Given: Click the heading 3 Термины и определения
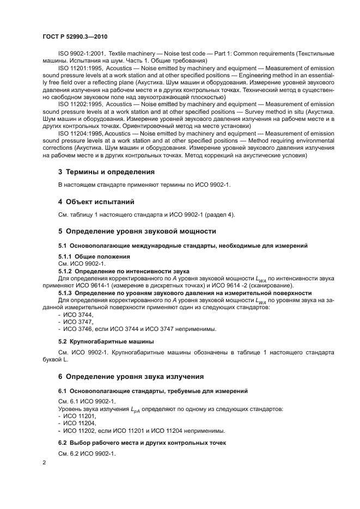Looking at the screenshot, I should point(107,172).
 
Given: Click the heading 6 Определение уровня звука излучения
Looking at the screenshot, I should point(131,376).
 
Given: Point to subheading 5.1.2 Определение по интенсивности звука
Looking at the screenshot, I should point(124,271).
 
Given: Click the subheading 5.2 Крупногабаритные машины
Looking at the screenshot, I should point(106,341).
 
